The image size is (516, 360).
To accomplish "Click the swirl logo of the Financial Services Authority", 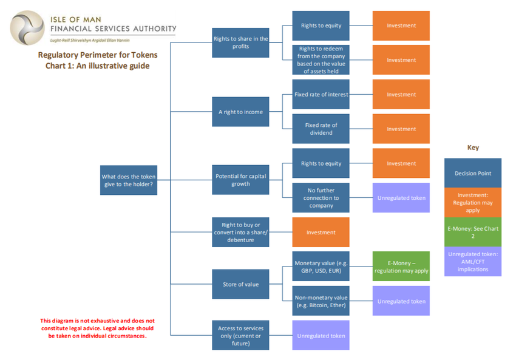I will click(27, 27).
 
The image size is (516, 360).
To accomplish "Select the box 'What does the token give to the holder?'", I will click(129, 180).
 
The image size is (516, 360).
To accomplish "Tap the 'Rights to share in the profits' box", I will click(240, 43).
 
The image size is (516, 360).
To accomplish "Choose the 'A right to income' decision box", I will click(240, 112).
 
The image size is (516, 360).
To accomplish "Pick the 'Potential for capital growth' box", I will click(240, 180).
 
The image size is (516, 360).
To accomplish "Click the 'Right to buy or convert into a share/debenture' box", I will click(240, 232).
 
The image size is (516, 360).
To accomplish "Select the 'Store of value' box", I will click(240, 284).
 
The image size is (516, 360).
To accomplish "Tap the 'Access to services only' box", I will click(240, 335).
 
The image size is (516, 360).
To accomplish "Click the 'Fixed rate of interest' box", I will click(321, 95).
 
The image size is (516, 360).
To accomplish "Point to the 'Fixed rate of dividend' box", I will click(321, 129).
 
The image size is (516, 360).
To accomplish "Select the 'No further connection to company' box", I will click(321, 198).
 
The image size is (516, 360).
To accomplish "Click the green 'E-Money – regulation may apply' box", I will click(401, 267).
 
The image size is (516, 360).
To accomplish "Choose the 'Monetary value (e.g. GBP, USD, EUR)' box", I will click(321, 267).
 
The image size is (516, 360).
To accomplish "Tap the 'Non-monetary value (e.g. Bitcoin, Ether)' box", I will click(321, 301).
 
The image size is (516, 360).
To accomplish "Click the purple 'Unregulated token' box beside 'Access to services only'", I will click(321, 335).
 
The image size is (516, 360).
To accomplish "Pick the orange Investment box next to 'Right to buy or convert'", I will click(321, 232).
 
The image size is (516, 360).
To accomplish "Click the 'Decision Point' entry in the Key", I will click(472, 173).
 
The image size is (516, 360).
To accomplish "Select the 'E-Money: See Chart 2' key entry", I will click(472, 232).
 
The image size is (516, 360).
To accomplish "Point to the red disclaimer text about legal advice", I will click(98, 328).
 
